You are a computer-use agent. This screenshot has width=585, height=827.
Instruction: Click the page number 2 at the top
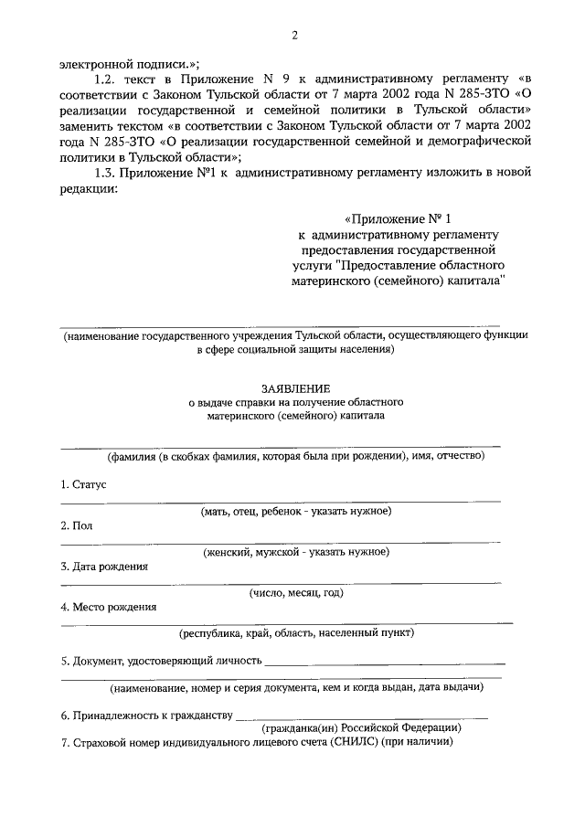click(x=294, y=36)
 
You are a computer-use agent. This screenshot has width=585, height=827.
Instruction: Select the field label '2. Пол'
click(x=77, y=525)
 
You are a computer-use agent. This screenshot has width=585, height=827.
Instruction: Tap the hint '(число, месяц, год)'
click(x=296, y=592)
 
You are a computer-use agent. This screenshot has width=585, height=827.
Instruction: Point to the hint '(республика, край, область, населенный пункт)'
click(x=296, y=632)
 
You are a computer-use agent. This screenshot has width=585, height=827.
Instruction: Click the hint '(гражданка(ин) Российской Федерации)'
click(x=360, y=728)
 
